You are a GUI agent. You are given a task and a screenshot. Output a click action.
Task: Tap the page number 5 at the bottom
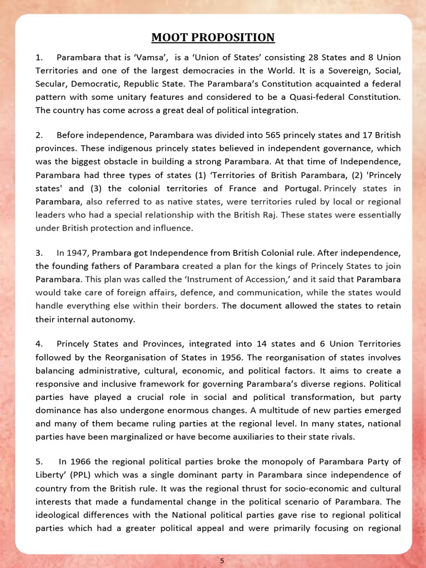click(x=222, y=561)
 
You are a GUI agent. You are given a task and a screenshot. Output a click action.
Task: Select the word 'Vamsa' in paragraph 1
click(x=158, y=58)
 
